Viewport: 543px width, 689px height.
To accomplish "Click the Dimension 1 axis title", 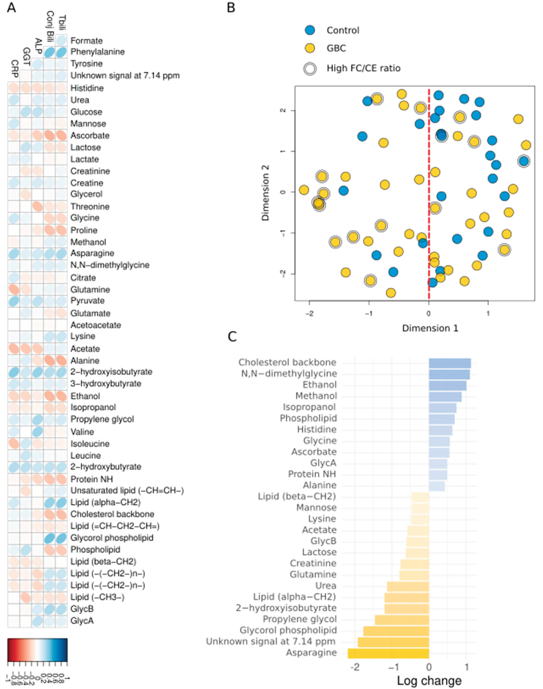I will (430, 328).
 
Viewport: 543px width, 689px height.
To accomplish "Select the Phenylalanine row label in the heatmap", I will (97, 52).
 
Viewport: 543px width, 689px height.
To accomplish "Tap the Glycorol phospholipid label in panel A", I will (112, 538).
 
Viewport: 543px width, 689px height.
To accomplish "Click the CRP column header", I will (14, 68).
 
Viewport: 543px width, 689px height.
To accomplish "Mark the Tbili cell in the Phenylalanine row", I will (61, 52).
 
